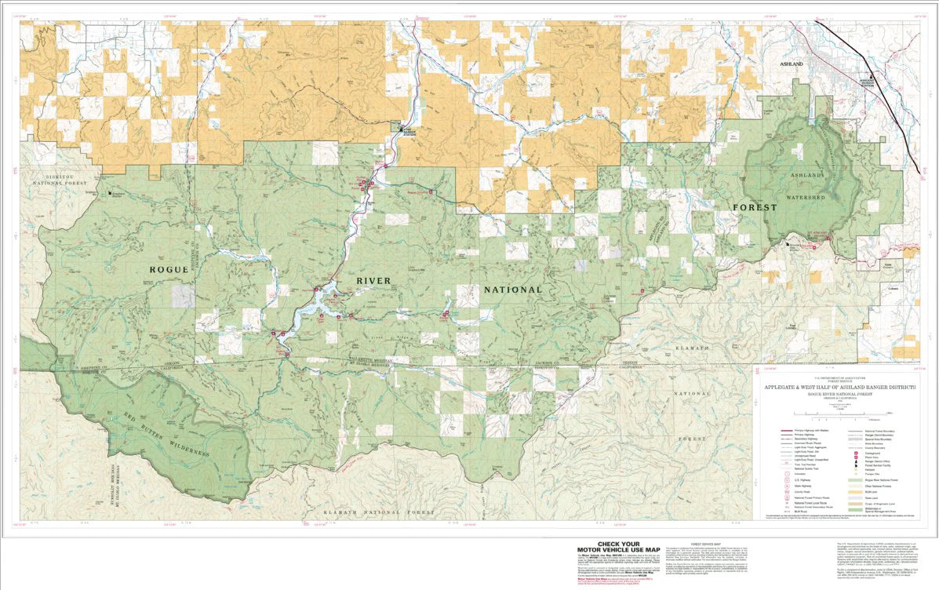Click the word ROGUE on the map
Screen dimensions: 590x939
coord(169,269)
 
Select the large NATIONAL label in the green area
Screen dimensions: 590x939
coord(513,290)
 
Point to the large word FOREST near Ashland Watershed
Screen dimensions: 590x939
coord(755,208)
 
